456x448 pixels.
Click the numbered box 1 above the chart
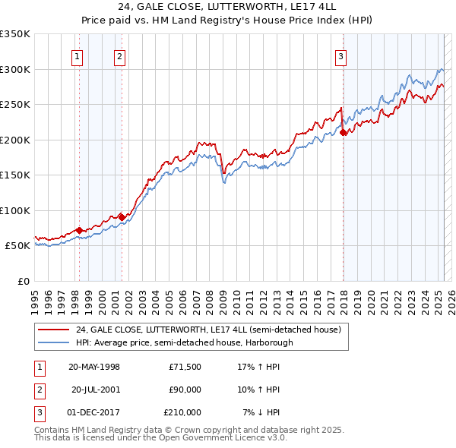(x=78, y=55)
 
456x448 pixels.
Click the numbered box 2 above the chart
(x=120, y=55)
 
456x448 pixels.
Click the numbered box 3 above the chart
(x=340, y=55)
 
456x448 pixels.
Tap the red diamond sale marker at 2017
(x=344, y=132)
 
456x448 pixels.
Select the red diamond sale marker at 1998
(x=79, y=230)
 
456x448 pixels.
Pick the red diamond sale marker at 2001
(x=122, y=217)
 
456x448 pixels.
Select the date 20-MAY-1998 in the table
(x=94, y=367)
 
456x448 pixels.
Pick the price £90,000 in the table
(x=184, y=390)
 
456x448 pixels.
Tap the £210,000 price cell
(x=182, y=412)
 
